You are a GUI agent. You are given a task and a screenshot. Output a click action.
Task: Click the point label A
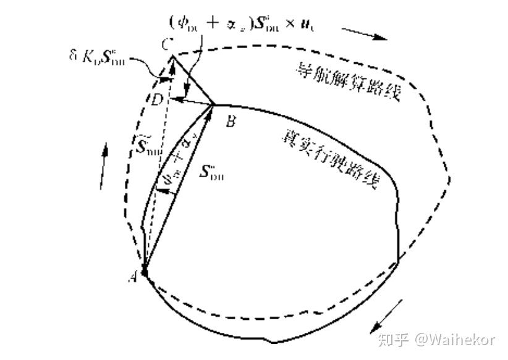pos(132,277)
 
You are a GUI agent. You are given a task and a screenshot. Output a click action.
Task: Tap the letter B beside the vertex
pos(231,121)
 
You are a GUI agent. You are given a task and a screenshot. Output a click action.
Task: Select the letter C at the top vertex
pos(164,45)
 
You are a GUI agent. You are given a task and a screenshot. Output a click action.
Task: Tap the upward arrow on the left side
pos(104,165)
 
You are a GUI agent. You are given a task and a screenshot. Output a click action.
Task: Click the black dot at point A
pos(144,270)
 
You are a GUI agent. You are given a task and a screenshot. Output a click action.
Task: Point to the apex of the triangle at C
pos(172,56)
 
